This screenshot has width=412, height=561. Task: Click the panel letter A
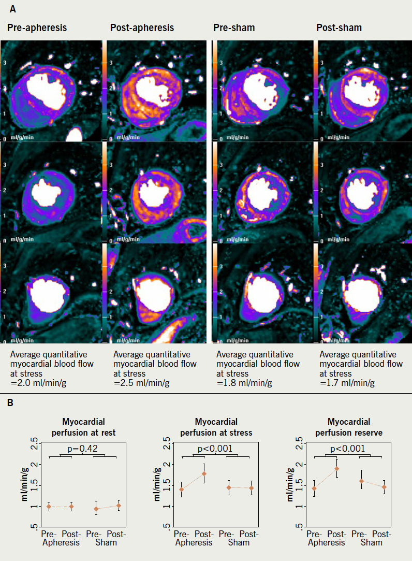click(x=12, y=9)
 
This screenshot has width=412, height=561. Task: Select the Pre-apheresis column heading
click(x=37, y=27)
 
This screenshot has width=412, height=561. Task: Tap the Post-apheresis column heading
click(x=142, y=27)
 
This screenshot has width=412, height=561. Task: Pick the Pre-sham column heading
click(x=234, y=27)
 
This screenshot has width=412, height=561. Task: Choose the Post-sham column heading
click(x=339, y=27)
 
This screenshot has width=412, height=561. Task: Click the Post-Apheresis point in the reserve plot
click(x=337, y=469)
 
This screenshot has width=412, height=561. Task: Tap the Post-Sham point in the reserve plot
click(x=384, y=487)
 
